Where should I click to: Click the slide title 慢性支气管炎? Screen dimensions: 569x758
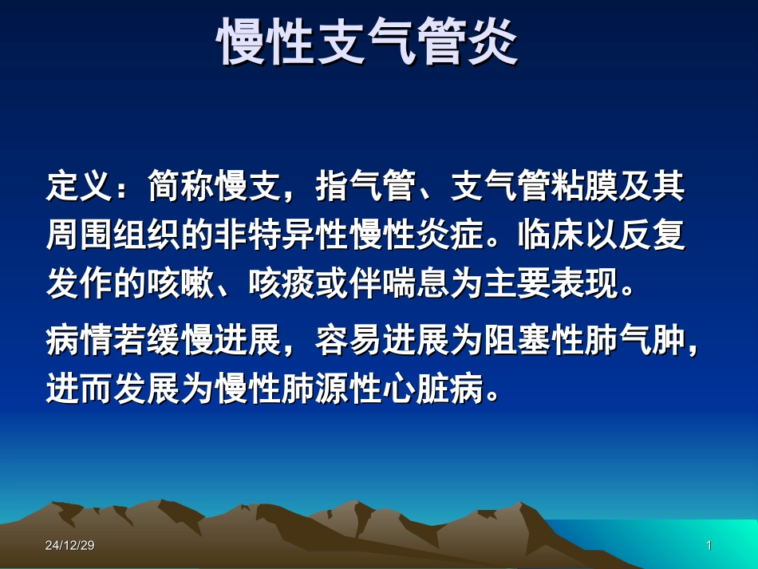(369, 41)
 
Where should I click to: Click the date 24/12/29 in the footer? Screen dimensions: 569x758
(70, 546)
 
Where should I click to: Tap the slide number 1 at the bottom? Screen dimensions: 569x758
(709, 546)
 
